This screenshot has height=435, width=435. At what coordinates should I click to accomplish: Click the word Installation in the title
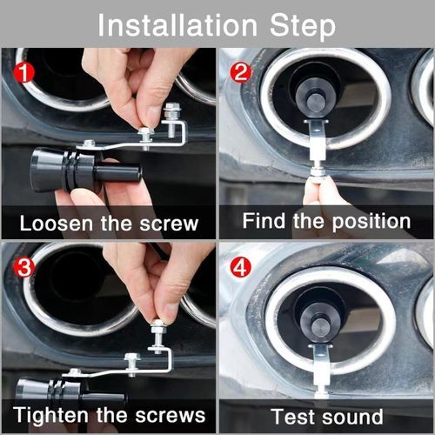point(177,25)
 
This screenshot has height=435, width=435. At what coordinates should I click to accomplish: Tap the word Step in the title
point(303,27)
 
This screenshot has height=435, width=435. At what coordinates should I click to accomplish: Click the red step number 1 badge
point(23,72)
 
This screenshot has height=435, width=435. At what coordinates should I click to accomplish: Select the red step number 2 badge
point(240,72)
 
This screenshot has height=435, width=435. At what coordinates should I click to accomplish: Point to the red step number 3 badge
point(23,267)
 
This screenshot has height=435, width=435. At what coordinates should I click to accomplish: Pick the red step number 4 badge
point(240,267)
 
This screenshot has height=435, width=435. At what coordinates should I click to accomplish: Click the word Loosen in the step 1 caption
point(56,224)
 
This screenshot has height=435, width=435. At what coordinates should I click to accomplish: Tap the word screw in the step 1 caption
point(170,224)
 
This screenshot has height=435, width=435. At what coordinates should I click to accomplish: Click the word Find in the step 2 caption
point(264,221)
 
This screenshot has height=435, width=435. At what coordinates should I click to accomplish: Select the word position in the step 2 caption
point(371,223)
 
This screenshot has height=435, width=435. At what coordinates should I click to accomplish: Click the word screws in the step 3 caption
point(171,416)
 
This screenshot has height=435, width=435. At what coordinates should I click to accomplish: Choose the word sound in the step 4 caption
point(352,417)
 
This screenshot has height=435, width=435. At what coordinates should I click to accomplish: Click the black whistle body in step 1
point(85,170)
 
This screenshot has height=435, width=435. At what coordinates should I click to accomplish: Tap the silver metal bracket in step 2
point(317,141)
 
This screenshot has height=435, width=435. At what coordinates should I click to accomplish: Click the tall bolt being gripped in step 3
point(158,337)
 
